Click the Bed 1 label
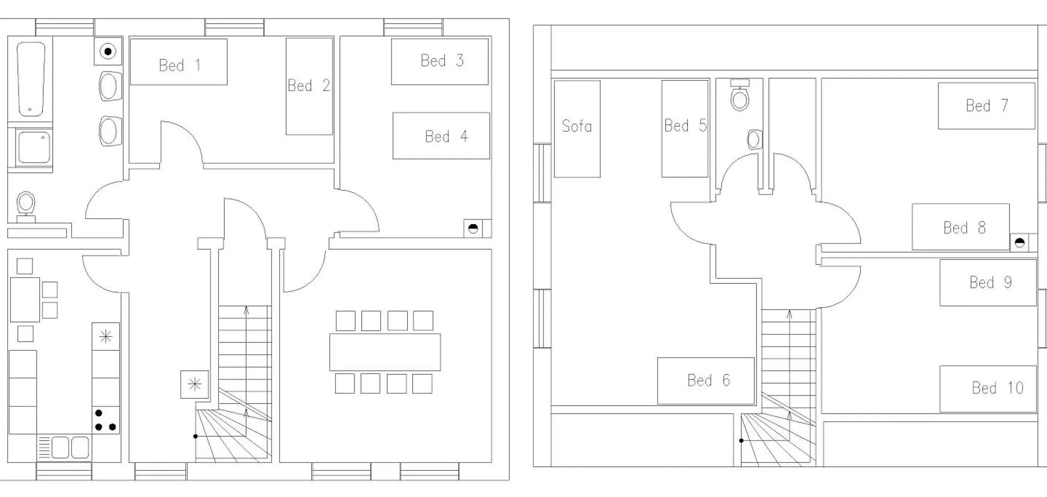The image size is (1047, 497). (x=179, y=65)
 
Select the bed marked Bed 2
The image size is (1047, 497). (x=309, y=86)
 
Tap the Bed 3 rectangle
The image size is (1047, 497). (x=440, y=61)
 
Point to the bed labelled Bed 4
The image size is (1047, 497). (x=441, y=136)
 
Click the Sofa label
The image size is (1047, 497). (x=576, y=126)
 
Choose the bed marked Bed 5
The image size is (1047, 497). (x=685, y=129)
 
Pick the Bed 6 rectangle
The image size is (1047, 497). (x=706, y=381)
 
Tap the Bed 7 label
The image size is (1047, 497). (x=986, y=105)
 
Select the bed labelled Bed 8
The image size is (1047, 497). (x=961, y=227)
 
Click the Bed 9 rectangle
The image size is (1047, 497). (x=988, y=283)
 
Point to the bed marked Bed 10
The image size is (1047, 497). (x=988, y=389)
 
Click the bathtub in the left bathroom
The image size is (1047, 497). (x=31, y=79)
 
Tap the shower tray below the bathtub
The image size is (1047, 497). (x=34, y=147)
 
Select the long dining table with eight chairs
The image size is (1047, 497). (x=385, y=352)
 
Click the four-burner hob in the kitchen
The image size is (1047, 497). (x=105, y=420)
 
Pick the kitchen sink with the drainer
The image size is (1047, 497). (x=64, y=447)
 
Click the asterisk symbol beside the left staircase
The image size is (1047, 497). (x=195, y=385)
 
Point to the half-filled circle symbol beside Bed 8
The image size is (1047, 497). (x=1020, y=243)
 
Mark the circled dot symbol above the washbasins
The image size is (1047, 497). (x=108, y=52)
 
